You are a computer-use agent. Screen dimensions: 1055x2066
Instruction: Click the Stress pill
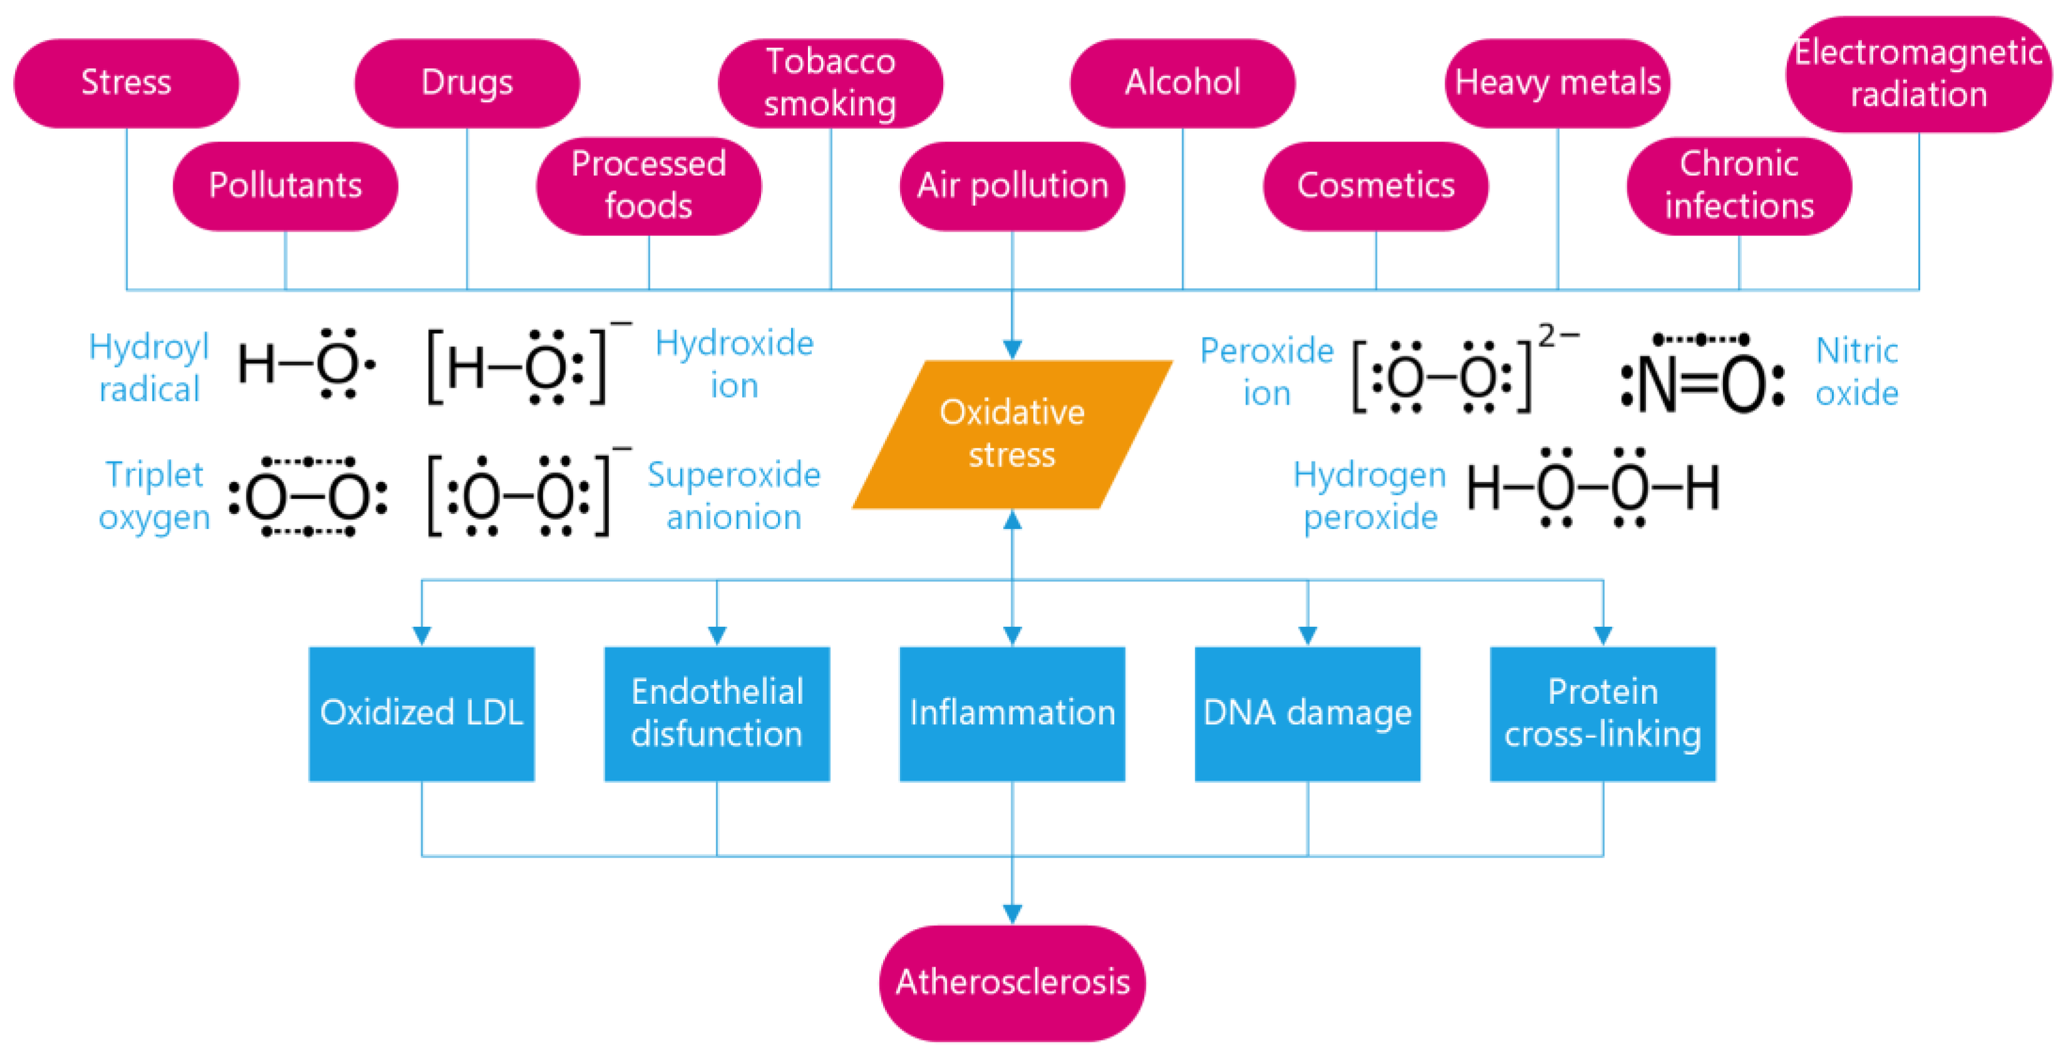[126, 83]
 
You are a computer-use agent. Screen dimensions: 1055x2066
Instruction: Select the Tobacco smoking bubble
[830, 83]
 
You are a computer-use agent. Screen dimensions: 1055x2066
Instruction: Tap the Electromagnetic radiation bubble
[1918, 74]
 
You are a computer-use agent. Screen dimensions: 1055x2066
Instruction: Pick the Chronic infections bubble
[1739, 185]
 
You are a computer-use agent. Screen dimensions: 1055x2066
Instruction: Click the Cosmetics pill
[1376, 185]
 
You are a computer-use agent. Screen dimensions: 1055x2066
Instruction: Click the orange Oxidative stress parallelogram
[1012, 434]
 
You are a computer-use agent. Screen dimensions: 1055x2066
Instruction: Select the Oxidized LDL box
[421, 713]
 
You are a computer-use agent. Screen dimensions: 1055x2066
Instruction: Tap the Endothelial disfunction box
[716, 713]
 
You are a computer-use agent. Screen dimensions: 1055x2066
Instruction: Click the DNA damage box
[1307, 713]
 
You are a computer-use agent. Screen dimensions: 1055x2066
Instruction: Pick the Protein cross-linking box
[1602, 713]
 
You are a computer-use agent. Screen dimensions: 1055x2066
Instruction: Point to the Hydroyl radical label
[148, 368]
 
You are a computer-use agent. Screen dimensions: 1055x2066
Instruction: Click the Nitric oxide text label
[1857, 371]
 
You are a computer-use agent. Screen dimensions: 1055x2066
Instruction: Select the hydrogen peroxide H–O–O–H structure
[1593, 488]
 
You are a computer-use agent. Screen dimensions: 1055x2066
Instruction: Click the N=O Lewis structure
[1702, 377]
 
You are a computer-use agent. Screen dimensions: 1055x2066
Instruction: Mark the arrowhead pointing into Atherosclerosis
[1012, 913]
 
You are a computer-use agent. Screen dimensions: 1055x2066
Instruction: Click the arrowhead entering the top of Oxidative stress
[1012, 349]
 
